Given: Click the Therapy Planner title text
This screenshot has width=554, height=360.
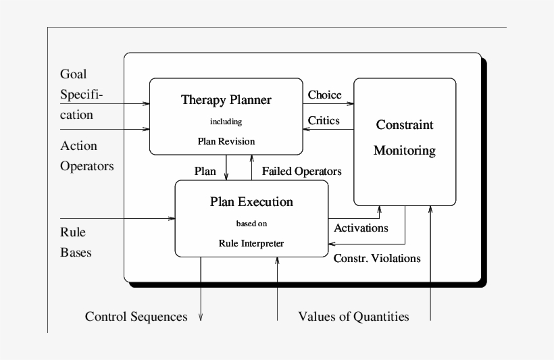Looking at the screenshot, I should coord(226,100).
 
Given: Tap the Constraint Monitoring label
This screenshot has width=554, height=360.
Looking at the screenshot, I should coord(405,138).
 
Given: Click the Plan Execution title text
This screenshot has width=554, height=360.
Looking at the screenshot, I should coord(251,201).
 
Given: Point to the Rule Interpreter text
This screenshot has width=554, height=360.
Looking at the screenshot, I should coord(251,242).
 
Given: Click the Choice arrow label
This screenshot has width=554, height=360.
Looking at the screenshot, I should coord(325,95).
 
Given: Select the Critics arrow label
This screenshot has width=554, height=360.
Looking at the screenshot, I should coord(324,120).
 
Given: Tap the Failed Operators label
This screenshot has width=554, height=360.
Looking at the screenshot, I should coord(301,171).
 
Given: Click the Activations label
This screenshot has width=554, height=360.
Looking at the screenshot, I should coord(361,228).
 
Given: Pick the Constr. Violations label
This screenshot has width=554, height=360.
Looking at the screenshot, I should coord(378,257).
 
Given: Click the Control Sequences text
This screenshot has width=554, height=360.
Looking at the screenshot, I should coord(136,316).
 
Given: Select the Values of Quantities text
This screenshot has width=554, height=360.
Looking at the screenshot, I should coord(353,316).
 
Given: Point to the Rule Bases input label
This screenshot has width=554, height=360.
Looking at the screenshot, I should coord(76,241).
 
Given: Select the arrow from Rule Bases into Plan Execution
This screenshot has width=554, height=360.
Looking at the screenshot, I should coord(118,218).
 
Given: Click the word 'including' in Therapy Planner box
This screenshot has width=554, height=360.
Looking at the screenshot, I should coord(226,122).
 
